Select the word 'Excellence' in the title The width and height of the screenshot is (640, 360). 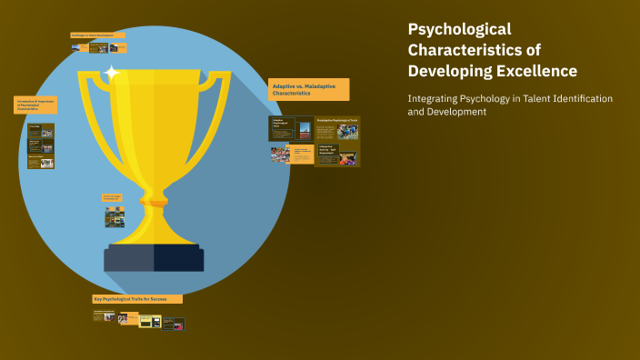(x=535, y=71)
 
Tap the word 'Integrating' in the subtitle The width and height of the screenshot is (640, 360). (x=438, y=98)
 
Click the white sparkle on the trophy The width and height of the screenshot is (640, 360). (x=112, y=73)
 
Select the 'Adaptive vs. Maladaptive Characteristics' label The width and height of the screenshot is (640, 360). (x=308, y=89)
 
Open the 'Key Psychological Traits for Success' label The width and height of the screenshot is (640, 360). (x=136, y=298)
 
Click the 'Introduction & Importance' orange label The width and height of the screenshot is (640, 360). (x=35, y=105)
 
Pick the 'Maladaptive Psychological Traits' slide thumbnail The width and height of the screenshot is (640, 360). (x=336, y=127)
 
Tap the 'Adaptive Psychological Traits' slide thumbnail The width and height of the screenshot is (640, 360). (x=291, y=128)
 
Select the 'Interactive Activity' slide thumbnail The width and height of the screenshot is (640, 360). (x=336, y=154)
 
